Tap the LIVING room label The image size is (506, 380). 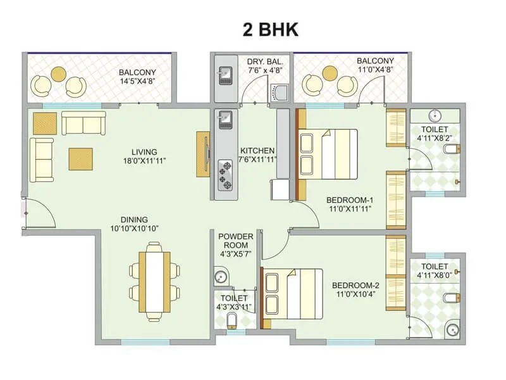145,152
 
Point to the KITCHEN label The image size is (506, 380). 257,151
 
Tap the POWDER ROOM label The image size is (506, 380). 236,241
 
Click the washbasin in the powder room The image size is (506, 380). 221,277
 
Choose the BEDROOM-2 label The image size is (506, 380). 355,286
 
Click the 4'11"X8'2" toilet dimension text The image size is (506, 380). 435,137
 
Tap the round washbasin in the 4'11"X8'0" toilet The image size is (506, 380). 452,328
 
